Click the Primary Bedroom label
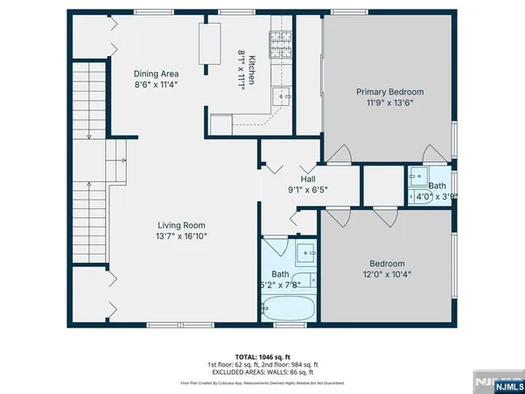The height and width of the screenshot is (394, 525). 389,92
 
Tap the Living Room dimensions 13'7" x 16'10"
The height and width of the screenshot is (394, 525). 182,236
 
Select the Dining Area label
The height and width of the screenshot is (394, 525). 156,74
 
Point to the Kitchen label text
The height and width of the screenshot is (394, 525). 251,68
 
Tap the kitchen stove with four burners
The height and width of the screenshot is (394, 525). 280,40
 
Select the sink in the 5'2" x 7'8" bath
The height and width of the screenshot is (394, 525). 306,255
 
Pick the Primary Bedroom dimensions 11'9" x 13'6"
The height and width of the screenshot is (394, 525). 389,102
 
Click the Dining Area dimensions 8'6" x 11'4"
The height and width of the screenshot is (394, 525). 156,85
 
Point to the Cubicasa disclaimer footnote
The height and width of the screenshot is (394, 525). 262,382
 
